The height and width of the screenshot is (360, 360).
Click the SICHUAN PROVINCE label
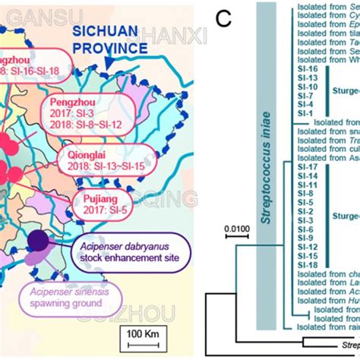pyautogui.click(x=110, y=40)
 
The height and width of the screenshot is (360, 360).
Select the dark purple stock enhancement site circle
pyautogui.click(x=36, y=241)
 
